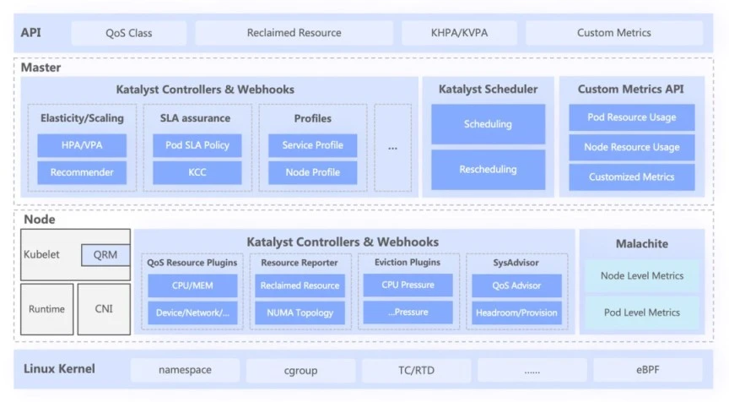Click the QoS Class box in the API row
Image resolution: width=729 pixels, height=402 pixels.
129,33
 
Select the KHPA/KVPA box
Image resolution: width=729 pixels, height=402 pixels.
459,33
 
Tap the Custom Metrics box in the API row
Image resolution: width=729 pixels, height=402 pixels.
614,33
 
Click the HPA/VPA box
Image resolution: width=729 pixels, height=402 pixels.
82,145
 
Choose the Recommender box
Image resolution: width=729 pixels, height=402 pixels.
82,172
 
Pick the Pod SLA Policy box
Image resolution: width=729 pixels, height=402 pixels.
197,145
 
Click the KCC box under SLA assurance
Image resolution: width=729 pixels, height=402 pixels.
197,172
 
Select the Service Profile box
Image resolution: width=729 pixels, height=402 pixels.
313,145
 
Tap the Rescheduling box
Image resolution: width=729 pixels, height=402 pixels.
489,170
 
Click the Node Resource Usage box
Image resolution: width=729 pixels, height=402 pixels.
632,148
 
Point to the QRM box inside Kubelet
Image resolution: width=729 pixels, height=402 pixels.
105,255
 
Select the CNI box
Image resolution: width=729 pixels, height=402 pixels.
104,309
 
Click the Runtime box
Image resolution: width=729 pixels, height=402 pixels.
47,309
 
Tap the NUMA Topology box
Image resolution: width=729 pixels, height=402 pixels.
300,312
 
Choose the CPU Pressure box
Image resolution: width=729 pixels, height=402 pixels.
408,285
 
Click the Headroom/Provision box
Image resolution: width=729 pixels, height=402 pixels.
516,312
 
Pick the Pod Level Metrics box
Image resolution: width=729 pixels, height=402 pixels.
642,312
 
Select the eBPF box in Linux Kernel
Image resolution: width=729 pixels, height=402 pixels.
648,370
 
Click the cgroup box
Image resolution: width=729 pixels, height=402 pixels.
301,371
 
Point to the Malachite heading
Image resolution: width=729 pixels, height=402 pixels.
642,244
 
